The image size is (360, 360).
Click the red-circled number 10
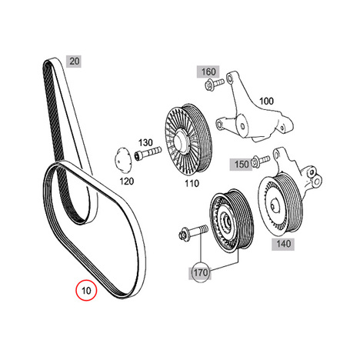86,290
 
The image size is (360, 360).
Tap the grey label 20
74,62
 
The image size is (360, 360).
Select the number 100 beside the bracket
266,102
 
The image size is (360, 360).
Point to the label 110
192,183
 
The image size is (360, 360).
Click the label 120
127,182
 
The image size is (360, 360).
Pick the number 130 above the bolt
145,142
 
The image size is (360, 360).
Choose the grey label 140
283,244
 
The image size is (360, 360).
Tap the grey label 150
242,164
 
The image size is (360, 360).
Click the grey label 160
208,72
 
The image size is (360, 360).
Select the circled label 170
201,272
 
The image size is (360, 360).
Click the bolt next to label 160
215,84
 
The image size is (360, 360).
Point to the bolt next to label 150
261,161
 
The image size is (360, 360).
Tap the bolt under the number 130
148,153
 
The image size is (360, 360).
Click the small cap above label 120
122,159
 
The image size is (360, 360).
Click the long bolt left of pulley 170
193,232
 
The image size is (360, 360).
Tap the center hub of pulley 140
274,205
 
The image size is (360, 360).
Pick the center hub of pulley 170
226,221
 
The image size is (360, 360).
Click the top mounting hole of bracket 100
229,77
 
